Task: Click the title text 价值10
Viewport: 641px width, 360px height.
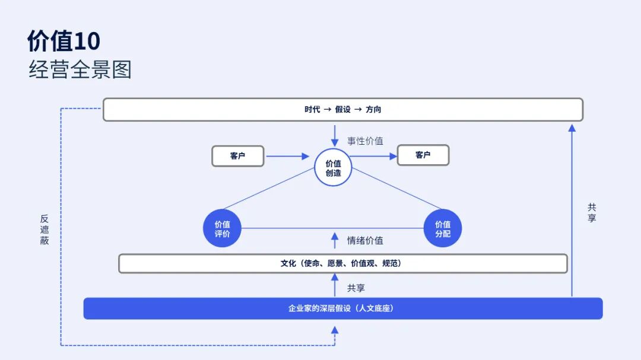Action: [x=64, y=42]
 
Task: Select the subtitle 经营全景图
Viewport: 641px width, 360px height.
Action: [x=80, y=70]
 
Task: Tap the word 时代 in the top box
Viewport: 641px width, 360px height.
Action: [x=312, y=110]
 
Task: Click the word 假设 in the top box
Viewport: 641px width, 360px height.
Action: [x=343, y=110]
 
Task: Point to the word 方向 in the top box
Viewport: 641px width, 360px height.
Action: [x=373, y=110]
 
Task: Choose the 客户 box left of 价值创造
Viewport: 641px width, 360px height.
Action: [x=237, y=156]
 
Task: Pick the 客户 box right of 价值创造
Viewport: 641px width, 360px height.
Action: [x=423, y=155]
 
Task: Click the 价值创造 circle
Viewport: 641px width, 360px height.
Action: [x=333, y=168]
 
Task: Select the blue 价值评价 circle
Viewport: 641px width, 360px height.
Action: [x=222, y=228]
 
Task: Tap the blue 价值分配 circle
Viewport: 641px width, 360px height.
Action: [x=443, y=228]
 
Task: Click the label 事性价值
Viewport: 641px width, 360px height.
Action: [x=365, y=141]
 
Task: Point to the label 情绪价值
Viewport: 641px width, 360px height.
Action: [x=365, y=240]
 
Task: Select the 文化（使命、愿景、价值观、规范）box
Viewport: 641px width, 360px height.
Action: [x=342, y=263]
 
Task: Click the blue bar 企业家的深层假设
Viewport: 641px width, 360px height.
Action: [x=342, y=308]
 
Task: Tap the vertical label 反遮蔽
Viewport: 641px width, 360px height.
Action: [x=45, y=230]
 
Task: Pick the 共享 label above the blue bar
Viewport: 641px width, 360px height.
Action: [x=356, y=288]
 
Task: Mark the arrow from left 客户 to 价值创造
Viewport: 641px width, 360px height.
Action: [x=288, y=157]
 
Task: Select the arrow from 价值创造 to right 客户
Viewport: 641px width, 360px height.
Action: [x=373, y=157]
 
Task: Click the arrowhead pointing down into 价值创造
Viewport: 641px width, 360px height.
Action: [x=335, y=143]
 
